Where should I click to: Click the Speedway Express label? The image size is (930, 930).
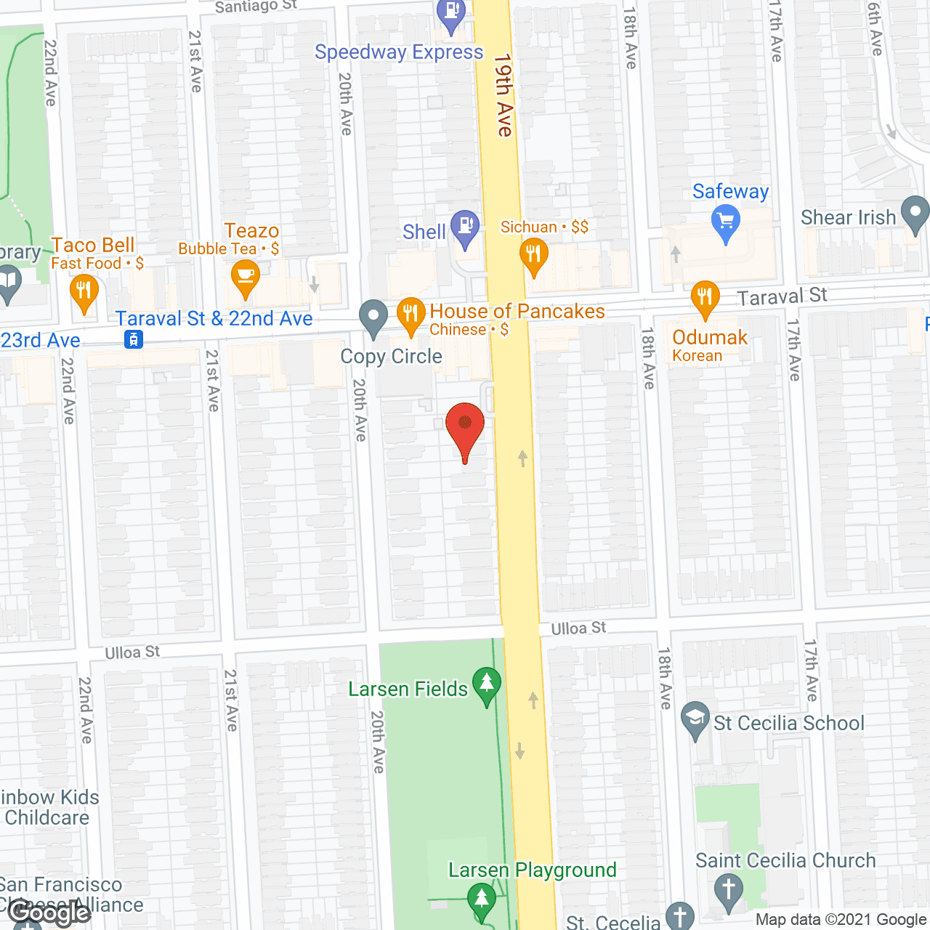point(399,52)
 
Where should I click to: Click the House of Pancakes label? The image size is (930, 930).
point(517,312)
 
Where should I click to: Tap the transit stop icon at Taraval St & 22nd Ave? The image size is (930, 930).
point(134,339)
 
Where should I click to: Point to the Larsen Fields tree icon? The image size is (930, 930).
point(486,684)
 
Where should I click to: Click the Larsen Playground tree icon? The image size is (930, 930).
point(481,898)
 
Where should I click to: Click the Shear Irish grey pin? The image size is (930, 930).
point(915,213)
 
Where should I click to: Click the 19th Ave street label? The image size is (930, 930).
point(504,94)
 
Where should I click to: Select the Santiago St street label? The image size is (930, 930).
point(256,7)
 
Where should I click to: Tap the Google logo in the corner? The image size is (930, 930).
point(49,913)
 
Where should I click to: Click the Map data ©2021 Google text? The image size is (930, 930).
point(841,920)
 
